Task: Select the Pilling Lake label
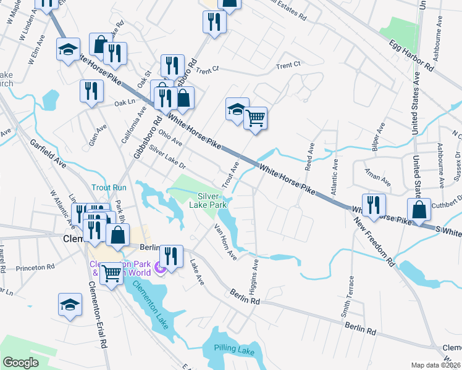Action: coord(235,350)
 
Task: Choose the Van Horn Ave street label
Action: coord(225,241)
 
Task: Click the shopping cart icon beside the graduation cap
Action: coord(255,117)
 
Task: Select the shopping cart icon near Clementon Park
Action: coord(111,273)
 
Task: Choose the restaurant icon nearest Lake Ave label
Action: coord(171,256)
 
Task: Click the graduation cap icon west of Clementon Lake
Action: coord(70,305)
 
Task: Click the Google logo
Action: coord(20,363)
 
